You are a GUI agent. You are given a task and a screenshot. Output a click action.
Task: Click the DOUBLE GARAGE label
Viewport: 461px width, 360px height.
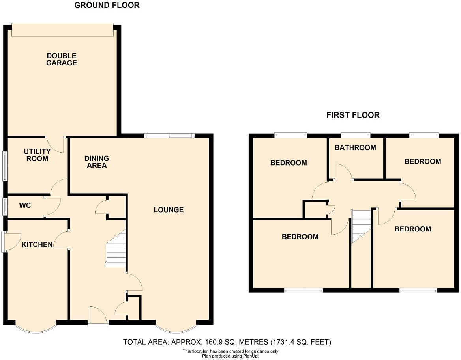(62, 59)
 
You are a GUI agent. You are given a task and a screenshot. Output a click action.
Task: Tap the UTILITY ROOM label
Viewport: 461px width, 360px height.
(37, 155)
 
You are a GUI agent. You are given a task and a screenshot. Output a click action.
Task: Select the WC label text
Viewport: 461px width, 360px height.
(25, 205)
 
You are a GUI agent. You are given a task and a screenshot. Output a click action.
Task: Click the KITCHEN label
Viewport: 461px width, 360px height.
(37, 245)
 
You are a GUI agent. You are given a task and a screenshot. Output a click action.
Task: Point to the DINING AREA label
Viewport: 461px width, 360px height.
(96, 162)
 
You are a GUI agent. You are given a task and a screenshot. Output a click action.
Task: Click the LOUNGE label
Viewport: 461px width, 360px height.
(169, 210)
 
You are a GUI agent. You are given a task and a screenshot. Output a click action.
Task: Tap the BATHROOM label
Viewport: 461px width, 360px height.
(355, 148)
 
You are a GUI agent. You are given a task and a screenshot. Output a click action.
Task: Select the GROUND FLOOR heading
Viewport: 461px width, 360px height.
(107, 6)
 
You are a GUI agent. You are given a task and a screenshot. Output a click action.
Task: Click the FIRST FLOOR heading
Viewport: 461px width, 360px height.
(353, 115)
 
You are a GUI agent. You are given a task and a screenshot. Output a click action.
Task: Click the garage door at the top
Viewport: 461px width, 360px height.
(62, 30)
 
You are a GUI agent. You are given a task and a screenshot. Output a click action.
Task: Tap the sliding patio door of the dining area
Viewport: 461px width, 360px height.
(169, 136)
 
